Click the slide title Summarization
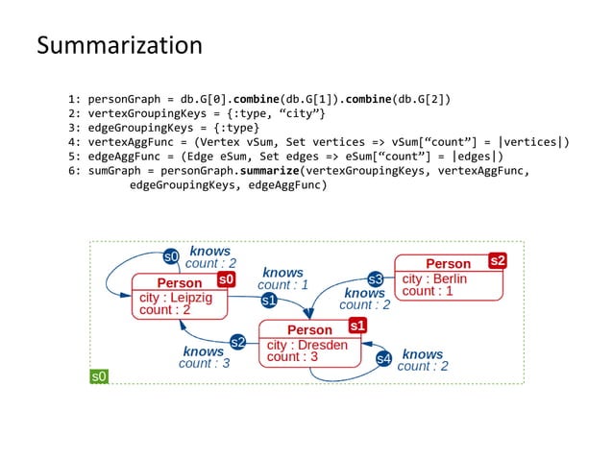point(119,45)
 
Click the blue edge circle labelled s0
point(171,256)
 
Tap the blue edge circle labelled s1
point(270,301)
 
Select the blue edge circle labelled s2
point(237,342)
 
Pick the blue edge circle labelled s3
point(376,279)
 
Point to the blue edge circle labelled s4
point(383,359)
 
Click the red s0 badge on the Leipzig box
point(226,278)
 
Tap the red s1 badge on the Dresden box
point(357,326)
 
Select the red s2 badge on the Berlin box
point(497,259)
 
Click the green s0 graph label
point(99,376)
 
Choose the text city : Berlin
point(434,278)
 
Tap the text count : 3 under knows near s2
point(204,364)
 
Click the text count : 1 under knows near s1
point(282,285)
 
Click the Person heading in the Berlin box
point(448,263)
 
